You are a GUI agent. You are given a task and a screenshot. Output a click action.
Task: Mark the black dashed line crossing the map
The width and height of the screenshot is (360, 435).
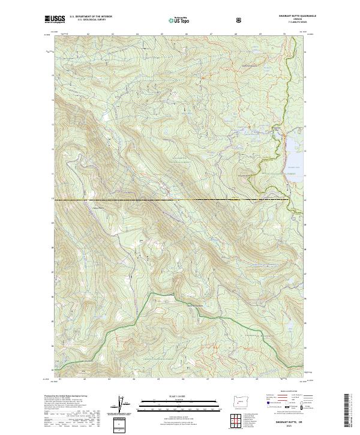pyautogui.click(x=180, y=199)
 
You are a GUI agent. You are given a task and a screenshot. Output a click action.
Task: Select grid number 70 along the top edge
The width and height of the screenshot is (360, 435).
pyautogui.click(x=283, y=34)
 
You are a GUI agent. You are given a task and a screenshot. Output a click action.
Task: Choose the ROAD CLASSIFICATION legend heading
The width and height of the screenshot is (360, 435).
pyautogui.click(x=284, y=396)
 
